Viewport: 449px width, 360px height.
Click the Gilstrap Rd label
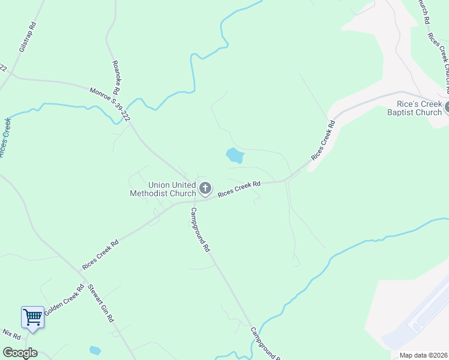click(28, 40)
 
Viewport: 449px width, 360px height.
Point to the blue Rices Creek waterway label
click(5, 138)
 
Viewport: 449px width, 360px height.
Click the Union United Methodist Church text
click(163, 189)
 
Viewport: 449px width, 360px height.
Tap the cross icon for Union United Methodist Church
click(205, 189)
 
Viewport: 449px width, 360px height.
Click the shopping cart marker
click(32, 316)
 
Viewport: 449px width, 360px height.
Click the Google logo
click(20, 353)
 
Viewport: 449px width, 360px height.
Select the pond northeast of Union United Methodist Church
click(235, 156)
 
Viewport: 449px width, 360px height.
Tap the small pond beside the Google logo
click(95, 350)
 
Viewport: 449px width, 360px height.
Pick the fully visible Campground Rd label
click(200, 229)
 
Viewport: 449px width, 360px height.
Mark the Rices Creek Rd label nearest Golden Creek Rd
click(100, 254)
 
